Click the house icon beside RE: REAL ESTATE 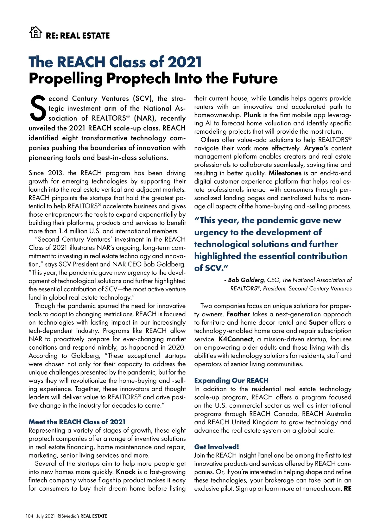(35, 32)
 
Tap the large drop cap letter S (38, 108)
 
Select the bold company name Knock (126, 472)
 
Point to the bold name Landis (279, 98)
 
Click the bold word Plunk (252, 115)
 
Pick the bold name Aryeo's (316, 148)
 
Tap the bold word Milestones (285, 173)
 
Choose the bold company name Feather (238, 314)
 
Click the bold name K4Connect (236, 339)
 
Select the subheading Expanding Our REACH (231, 380)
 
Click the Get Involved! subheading (217, 447)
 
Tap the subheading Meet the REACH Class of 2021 (77, 422)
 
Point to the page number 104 (29, 516)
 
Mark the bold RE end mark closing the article (347, 489)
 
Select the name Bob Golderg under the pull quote (246, 280)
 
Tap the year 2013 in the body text (55, 173)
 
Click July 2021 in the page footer (46, 516)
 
